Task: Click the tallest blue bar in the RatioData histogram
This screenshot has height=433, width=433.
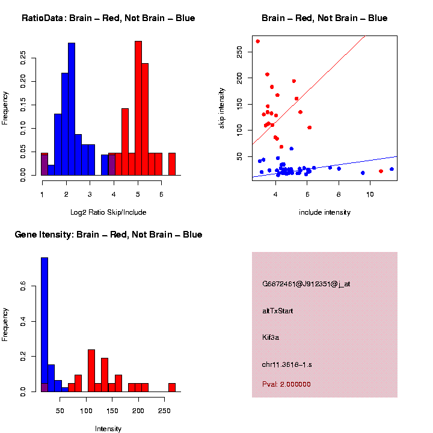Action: pos(72,108)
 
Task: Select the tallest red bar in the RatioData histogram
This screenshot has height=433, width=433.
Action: pos(138,108)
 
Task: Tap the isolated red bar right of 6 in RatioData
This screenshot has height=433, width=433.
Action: pos(172,164)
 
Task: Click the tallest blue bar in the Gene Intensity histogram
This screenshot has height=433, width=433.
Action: pos(45,325)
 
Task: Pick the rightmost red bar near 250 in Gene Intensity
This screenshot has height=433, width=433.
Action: pos(172,387)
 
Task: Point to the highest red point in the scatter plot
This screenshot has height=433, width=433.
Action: pos(258,41)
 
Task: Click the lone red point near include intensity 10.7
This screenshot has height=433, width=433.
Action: pos(381,171)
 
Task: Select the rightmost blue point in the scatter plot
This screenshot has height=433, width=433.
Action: pos(392,169)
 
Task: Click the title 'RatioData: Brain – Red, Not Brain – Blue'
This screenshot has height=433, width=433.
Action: pos(108,18)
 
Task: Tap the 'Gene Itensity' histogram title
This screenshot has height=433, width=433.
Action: pos(108,235)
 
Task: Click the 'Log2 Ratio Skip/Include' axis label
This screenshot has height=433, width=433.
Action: pos(108,212)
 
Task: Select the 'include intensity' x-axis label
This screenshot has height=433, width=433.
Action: pos(325,212)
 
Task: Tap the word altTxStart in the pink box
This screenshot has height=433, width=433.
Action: pos(277,311)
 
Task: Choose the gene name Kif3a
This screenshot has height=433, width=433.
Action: pos(271,337)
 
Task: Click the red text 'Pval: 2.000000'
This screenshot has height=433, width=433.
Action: pos(286,384)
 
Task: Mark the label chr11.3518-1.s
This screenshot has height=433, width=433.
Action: pos(287,364)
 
